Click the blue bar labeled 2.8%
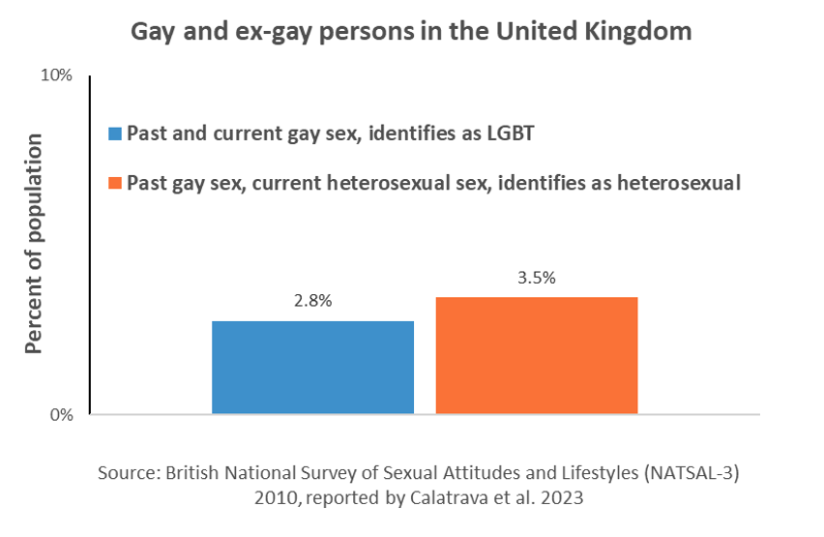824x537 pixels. pos(312,368)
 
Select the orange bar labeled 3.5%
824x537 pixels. pos(537,355)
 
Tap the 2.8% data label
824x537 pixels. pos(312,301)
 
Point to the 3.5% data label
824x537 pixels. pos(537,278)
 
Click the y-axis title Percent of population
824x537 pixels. pos(34,244)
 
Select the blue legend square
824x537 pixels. pos(116,133)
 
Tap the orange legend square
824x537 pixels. pos(116,183)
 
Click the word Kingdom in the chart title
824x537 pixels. pos(641,31)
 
